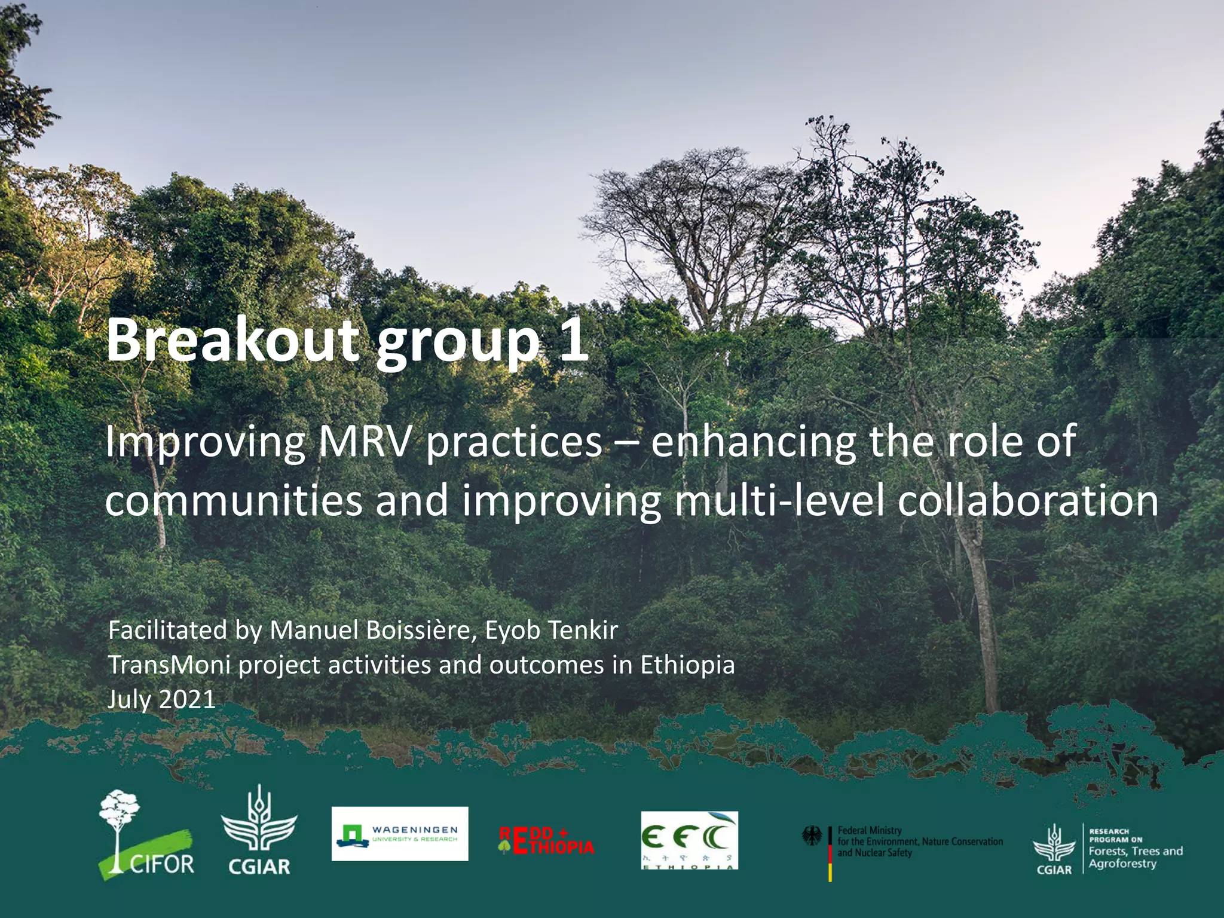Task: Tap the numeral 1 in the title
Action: pyautogui.click(x=573, y=341)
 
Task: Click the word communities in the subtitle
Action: pyautogui.click(x=233, y=501)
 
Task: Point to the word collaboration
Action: pyautogui.click(x=1028, y=501)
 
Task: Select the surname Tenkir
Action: pyautogui.click(x=583, y=631)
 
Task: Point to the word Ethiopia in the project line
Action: pyautogui.click(x=687, y=665)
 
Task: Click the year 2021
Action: pyautogui.click(x=186, y=700)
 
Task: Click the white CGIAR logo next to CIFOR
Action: pyautogui.click(x=259, y=831)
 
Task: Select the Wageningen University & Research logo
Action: pyautogui.click(x=400, y=834)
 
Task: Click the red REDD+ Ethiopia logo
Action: pyautogui.click(x=546, y=840)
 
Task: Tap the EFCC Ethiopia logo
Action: pyautogui.click(x=689, y=840)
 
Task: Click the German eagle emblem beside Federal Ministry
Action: pyautogui.click(x=812, y=836)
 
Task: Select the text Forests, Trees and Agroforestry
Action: pyautogui.click(x=1134, y=857)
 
